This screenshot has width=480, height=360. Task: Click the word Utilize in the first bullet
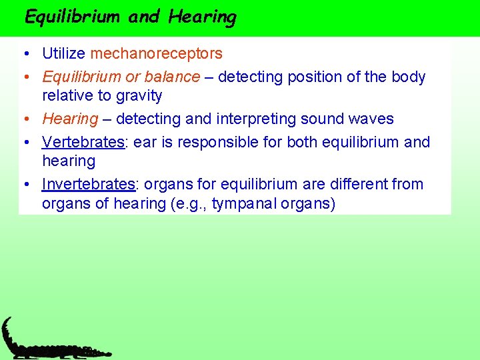64,53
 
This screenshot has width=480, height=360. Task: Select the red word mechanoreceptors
157,53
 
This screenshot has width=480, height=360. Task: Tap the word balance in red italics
174,77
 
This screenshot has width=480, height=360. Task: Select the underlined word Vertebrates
83,142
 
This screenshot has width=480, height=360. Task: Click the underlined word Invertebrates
88,184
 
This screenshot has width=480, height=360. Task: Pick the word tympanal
242,203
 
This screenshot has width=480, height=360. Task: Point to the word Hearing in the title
202,17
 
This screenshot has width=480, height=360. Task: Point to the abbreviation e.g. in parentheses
191,203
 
